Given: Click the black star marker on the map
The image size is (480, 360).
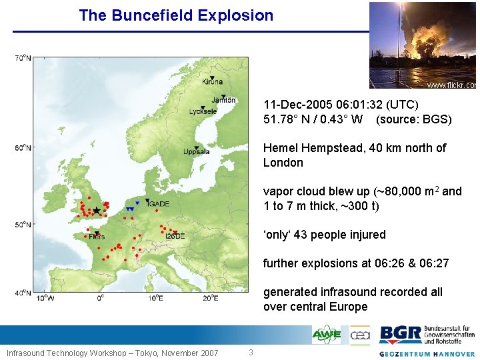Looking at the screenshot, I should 97,210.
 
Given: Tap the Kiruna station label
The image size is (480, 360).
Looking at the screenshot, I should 212,81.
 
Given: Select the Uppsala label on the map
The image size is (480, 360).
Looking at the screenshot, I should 197,152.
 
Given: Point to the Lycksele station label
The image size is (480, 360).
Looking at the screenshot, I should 203,111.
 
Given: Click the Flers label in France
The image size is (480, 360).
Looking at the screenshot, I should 96,236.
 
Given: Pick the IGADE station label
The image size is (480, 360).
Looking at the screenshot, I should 159,204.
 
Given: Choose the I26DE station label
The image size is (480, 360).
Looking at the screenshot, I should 175,236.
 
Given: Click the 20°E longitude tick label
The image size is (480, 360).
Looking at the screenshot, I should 211,297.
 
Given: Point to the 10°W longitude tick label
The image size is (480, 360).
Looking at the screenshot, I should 45,297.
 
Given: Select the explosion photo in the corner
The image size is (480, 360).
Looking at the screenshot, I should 423,45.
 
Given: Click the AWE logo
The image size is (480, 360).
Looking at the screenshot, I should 326,334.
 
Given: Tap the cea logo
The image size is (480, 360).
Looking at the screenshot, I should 360,334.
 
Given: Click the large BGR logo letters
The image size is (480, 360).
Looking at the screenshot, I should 400,334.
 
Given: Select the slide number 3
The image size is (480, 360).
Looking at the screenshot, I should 251,352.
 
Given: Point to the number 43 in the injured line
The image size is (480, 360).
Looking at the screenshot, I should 301,235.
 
